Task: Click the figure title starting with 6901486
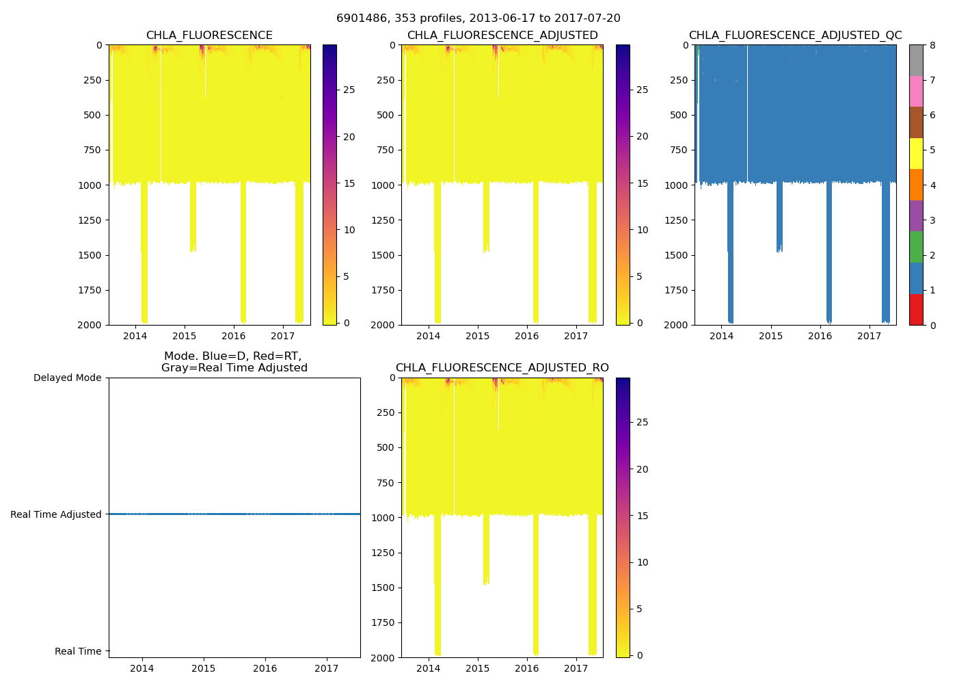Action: point(478,18)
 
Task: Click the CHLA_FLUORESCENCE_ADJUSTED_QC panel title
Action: point(795,36)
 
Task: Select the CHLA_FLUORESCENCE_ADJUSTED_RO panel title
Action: point(502,368)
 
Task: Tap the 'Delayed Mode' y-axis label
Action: point(67,378)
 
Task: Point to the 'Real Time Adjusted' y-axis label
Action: point(55,514)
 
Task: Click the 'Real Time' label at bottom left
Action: point(78,651)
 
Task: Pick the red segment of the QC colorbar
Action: point(916,309)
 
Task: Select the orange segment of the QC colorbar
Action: point(916,185)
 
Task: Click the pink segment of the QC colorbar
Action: point(916,91)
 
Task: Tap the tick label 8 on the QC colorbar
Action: point(932,45)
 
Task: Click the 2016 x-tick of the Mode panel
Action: point(265,668)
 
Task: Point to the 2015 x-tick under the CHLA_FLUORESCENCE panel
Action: point(184,336)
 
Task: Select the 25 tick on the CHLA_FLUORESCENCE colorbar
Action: point(349,90)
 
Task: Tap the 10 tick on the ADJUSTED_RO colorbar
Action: point(643,562)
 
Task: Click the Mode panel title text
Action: point(234,362)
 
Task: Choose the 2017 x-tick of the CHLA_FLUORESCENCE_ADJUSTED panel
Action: point(576,336)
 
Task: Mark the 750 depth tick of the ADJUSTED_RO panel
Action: point(386,483)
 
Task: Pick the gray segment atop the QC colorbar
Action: point(916,60)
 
